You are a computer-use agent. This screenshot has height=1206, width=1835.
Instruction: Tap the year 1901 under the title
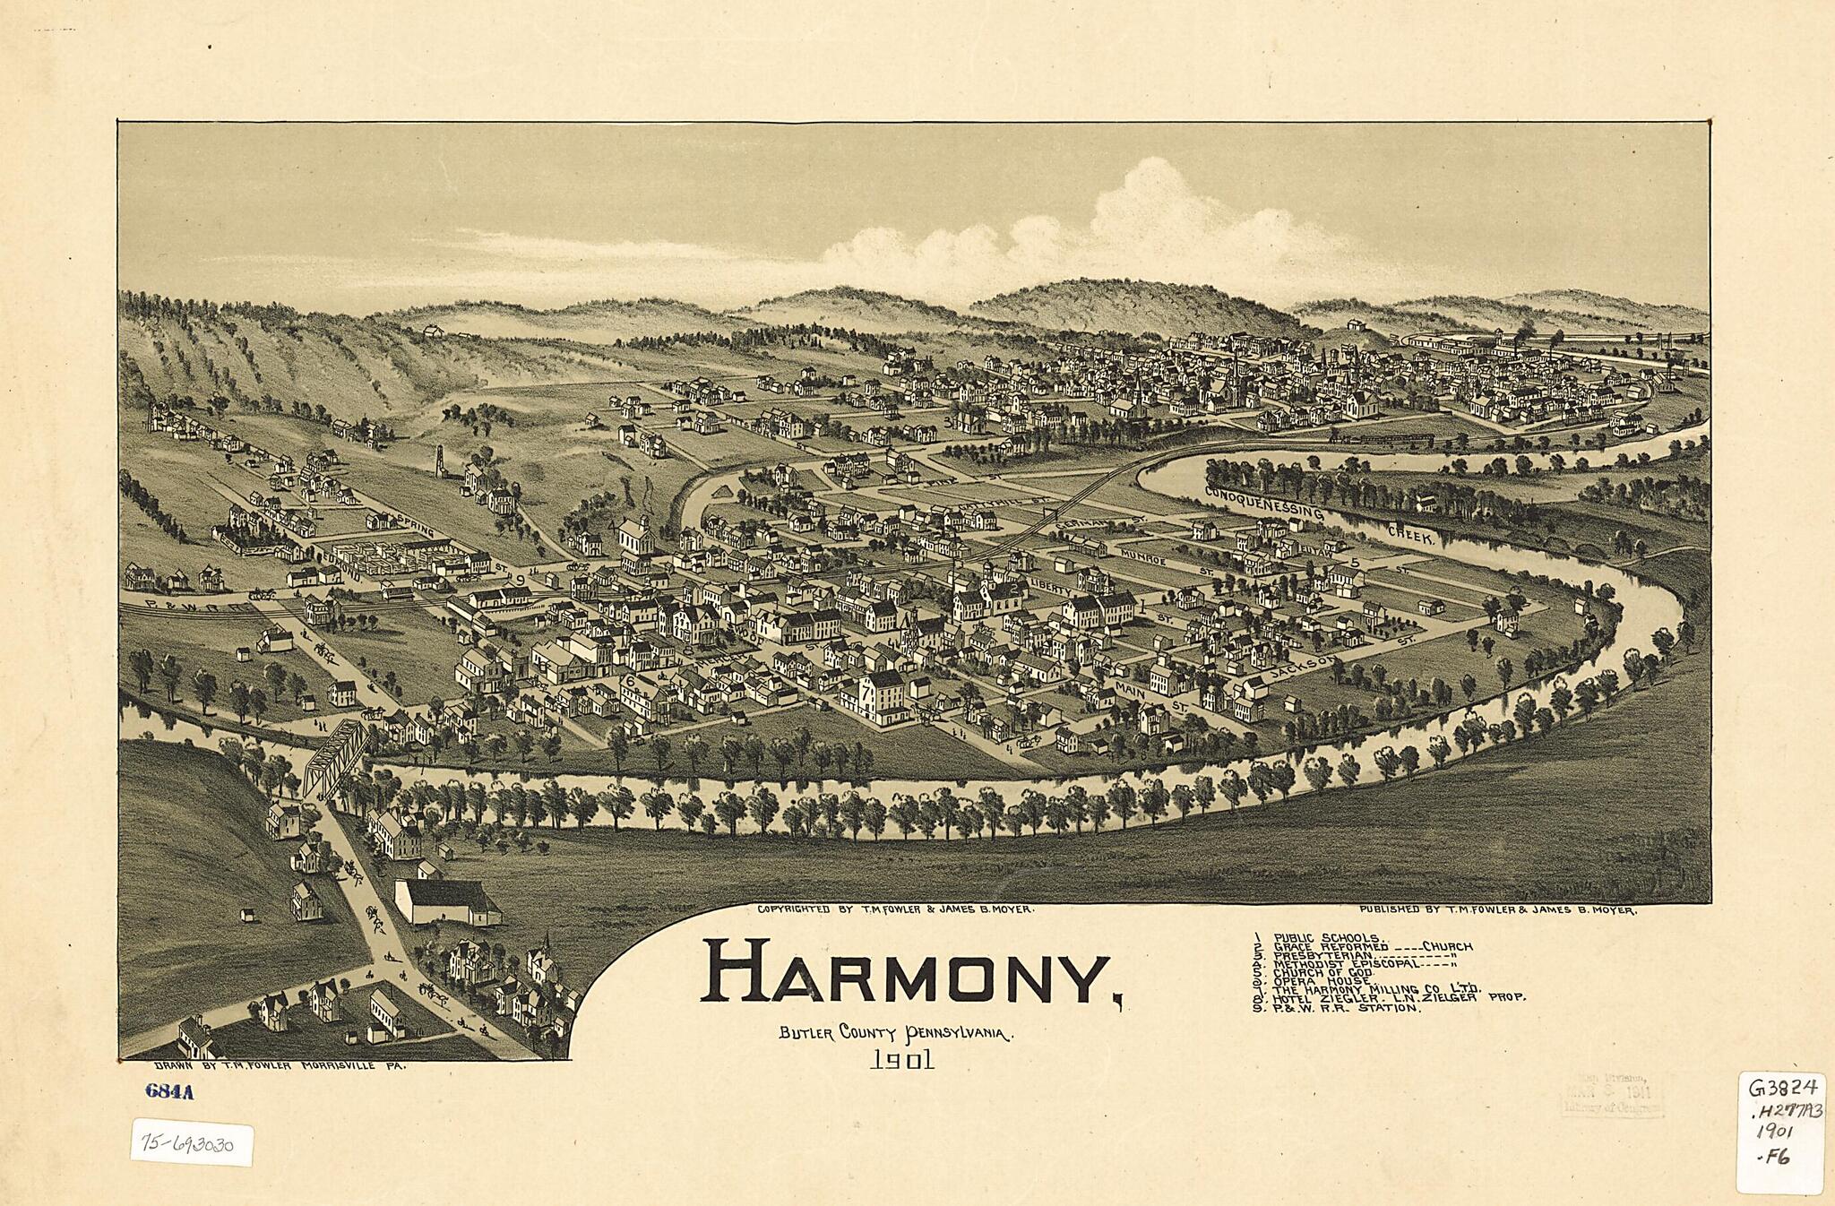(901, 1061)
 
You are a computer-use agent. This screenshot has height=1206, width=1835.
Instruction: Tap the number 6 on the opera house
(630, 680)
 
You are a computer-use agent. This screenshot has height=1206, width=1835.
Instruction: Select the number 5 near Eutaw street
(1355, 562)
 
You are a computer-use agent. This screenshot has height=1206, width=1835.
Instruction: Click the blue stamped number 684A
(168, 1091)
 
